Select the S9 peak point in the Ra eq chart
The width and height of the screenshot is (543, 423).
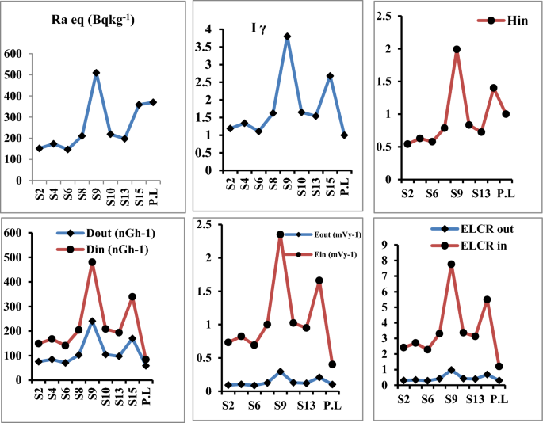point(96,73)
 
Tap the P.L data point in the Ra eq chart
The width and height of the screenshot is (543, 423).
point(153,102)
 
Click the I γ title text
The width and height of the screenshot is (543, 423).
point(258,29)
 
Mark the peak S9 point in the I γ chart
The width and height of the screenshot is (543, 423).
point(287,36)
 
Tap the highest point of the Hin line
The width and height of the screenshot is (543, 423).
point(457,49)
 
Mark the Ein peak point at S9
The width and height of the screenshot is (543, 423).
point(280,234)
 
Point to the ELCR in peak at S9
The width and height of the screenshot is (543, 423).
point(451,265)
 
